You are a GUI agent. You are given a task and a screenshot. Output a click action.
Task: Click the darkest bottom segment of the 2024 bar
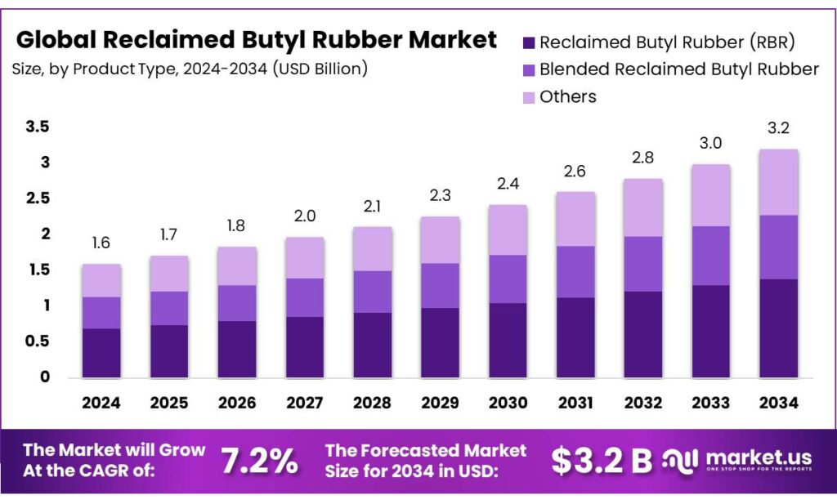(101, 353)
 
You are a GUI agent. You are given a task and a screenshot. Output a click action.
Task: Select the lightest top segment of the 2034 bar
(778, 182)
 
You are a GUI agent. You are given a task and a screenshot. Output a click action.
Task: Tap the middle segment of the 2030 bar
(508, 279)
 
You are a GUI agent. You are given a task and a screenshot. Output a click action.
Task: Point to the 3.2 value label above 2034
(778, 129)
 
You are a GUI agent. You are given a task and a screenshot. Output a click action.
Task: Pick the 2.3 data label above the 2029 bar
(440, 197)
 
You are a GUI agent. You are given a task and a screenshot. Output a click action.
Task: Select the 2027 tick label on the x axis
(305, 403)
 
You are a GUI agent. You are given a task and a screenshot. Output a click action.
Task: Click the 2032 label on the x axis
(643, 403)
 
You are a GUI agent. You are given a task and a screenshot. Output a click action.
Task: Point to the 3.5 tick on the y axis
(38, 127)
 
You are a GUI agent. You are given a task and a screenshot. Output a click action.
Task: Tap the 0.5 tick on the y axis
(38, 341)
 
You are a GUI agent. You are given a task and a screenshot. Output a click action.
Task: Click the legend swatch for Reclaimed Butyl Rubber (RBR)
(529, 42)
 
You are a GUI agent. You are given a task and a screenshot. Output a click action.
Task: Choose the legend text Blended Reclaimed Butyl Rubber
(678, 69)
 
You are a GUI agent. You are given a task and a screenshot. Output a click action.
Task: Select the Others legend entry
(568, 96)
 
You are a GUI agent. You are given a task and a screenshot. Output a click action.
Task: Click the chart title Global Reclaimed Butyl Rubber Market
(256, 39)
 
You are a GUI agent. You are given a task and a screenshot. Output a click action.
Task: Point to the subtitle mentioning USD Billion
(190, 69)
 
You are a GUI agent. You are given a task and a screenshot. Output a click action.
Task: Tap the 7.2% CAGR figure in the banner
(260, 462)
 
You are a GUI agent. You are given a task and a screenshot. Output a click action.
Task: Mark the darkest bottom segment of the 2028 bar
(372, 345)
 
